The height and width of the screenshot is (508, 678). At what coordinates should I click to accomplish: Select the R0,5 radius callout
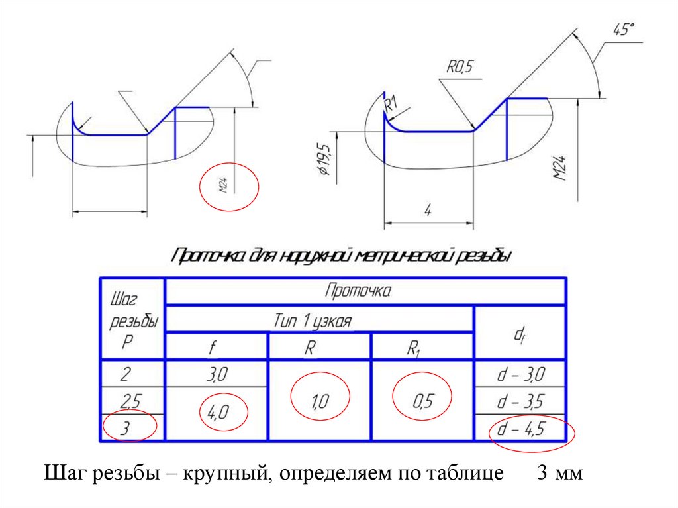[461, 66]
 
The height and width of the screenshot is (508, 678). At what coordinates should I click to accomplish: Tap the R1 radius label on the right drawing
[390, 105]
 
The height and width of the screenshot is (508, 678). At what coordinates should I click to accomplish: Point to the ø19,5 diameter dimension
[325, 160]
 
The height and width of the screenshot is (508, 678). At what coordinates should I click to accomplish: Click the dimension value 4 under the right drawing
[428, 211]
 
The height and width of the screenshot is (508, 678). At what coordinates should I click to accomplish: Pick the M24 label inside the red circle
[224, 187]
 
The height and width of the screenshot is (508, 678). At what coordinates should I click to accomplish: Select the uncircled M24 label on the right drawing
[561, 169]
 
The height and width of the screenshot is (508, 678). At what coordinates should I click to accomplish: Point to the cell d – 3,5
[520, 401]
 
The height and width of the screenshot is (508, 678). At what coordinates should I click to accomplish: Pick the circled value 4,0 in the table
[218, 413]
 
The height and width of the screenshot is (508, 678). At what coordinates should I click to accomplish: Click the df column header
[520, 334]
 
